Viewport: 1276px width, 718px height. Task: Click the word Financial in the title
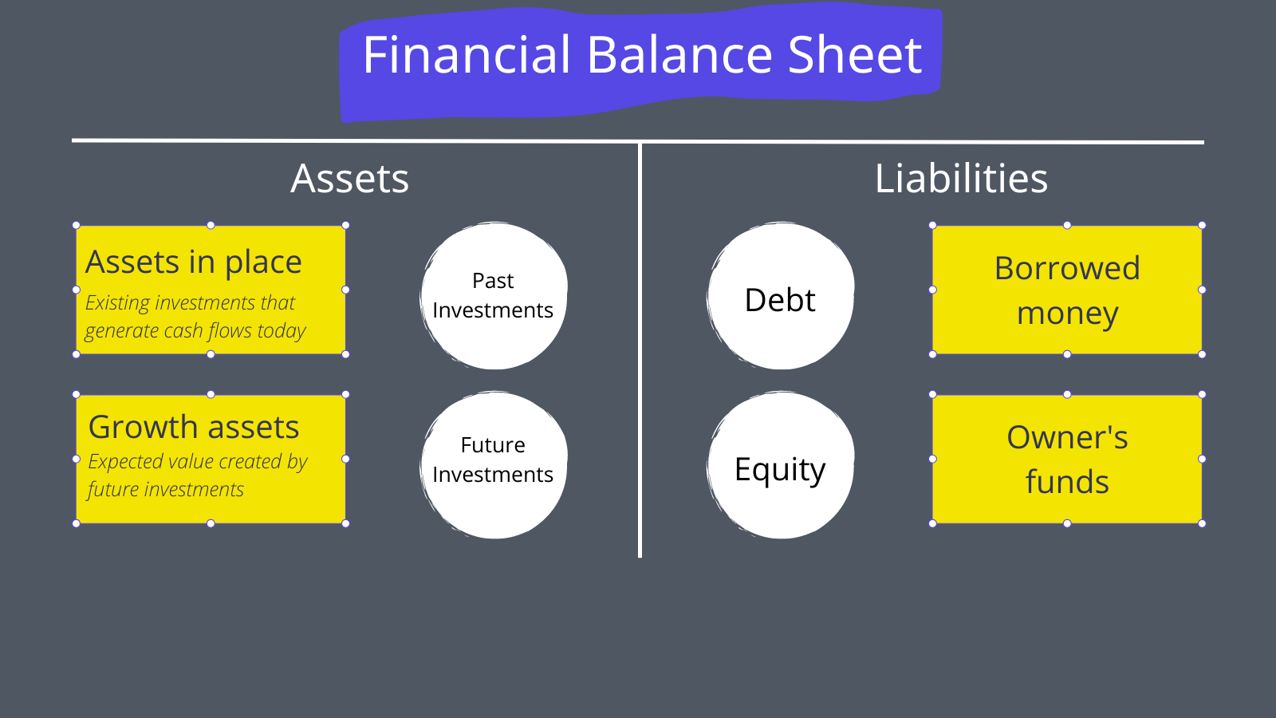(467, 55)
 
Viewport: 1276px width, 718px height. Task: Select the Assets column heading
(349, 179)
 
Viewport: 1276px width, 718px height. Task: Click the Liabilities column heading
(961, 179)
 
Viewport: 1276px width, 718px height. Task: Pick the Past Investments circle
(494, 296)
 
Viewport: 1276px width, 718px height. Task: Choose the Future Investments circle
(494, 464)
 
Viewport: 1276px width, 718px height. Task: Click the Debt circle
(780, 299)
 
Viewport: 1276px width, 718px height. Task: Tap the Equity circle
(780, 468)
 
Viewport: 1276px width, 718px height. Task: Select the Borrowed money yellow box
(1067, 290)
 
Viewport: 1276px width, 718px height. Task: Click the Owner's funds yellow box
(1067, 459)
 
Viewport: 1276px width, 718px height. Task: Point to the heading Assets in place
(194, 262)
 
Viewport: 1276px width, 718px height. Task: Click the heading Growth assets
(194, 428)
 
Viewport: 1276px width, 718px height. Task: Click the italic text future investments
(166, 489)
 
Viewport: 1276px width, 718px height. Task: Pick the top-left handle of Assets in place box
(77, 226)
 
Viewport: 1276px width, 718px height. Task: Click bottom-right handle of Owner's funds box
(1202, 523)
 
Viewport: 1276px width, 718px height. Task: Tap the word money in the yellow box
(1067, 314)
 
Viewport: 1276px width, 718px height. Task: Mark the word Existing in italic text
(117, 303)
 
